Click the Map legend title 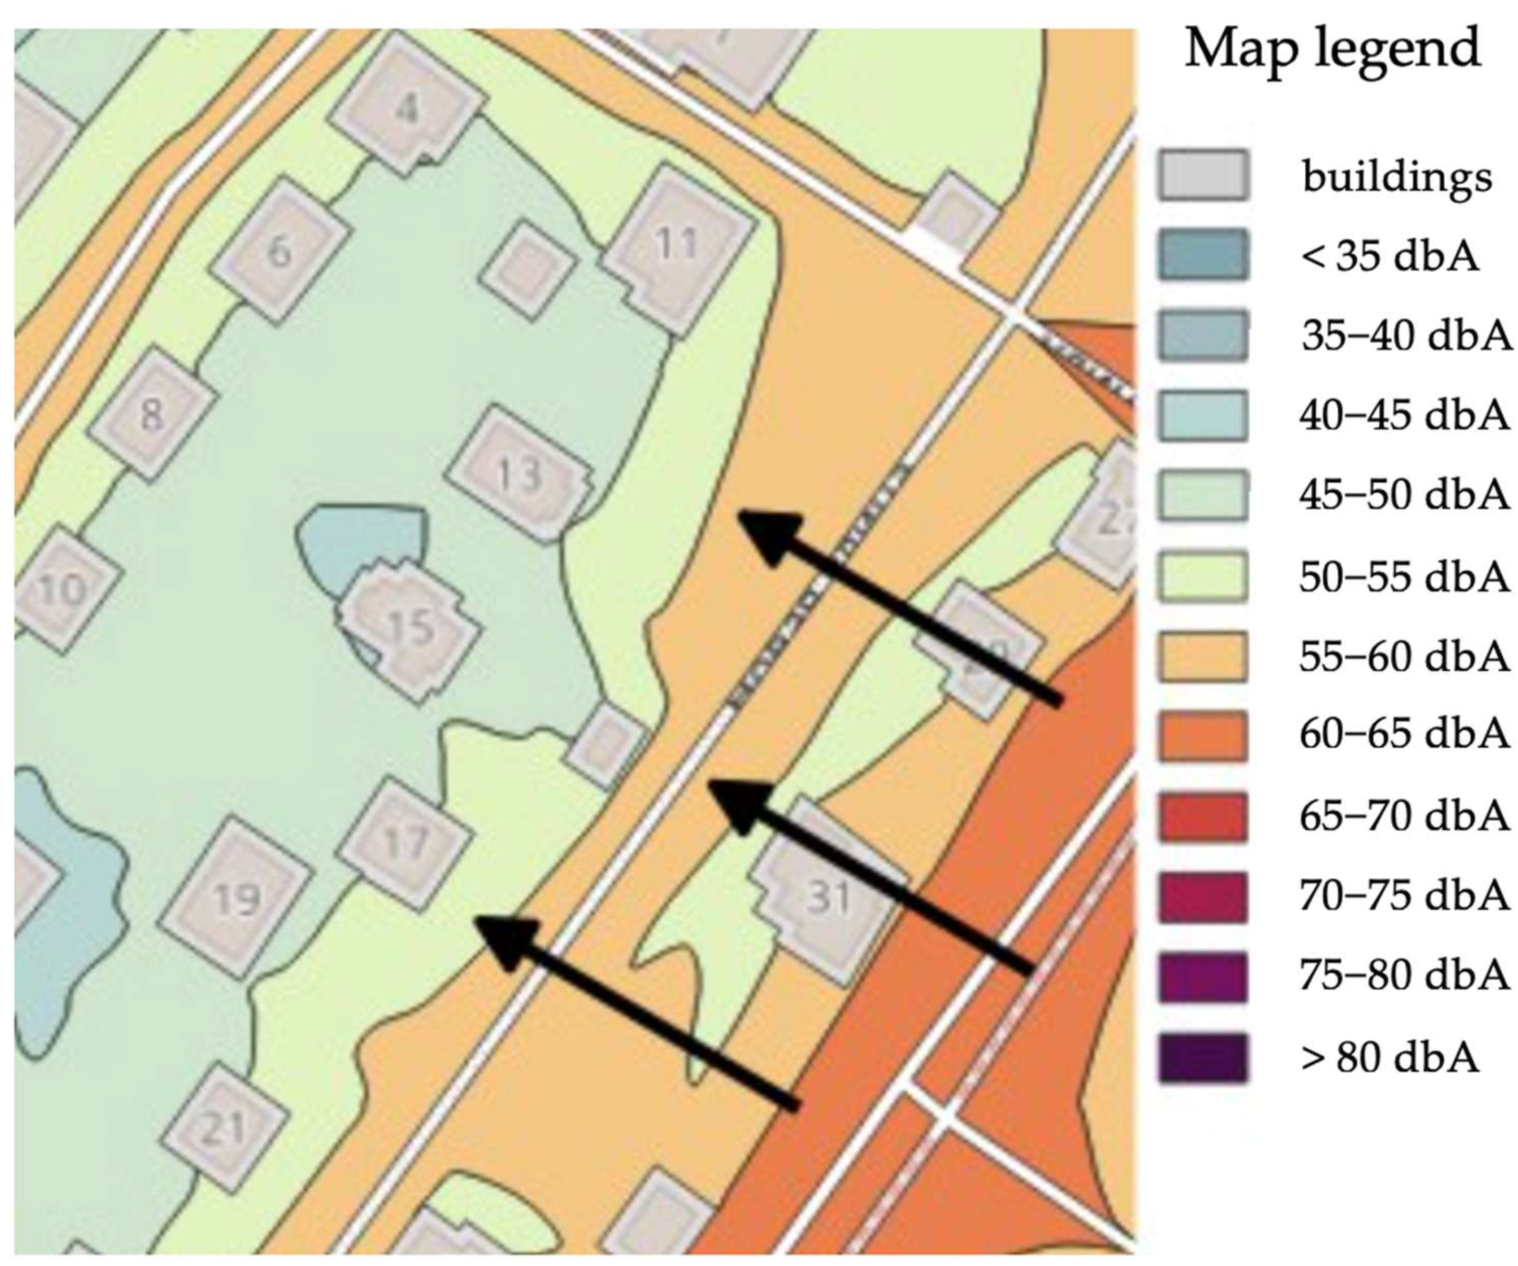(1332, 49)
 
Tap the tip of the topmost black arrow (740, 514)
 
